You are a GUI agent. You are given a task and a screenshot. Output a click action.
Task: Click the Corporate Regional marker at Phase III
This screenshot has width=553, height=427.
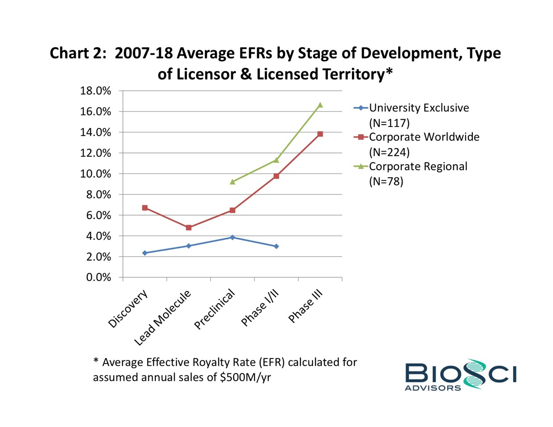click(320, 105)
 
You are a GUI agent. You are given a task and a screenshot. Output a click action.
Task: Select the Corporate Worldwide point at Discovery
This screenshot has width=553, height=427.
click(145, 208)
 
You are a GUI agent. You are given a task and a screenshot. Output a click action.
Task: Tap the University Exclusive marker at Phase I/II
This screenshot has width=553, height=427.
click(276, 246)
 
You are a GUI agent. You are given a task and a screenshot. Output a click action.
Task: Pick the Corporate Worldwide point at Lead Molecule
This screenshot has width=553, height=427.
click(189, 227)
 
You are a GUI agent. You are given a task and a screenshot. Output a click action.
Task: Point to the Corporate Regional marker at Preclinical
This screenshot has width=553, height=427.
click(233, 181)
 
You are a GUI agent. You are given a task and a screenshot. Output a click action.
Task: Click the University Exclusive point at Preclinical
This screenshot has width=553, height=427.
click(233, 237)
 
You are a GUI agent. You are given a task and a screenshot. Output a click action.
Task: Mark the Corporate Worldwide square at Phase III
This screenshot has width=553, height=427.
click(320, 134)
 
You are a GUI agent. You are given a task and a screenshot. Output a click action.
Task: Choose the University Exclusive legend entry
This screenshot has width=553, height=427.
click(418, 108)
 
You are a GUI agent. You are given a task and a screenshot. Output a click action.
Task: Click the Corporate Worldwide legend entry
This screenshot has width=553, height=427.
click(423, 137)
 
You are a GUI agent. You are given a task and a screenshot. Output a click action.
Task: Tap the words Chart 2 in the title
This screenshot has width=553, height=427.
click(78, 53)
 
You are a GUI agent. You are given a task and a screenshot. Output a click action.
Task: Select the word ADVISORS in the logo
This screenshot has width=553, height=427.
click(433, 388)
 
